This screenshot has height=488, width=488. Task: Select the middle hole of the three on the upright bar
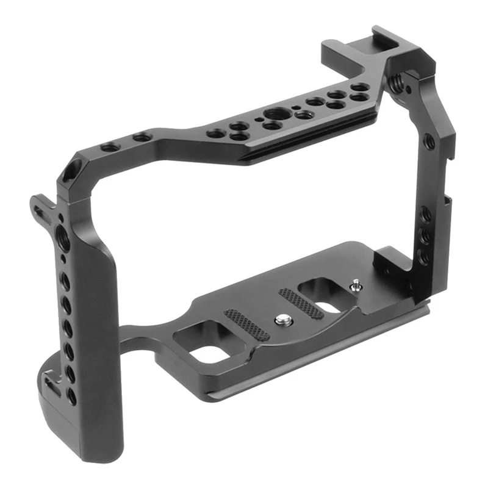point(425,235)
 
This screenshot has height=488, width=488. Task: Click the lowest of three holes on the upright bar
point(422,256)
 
